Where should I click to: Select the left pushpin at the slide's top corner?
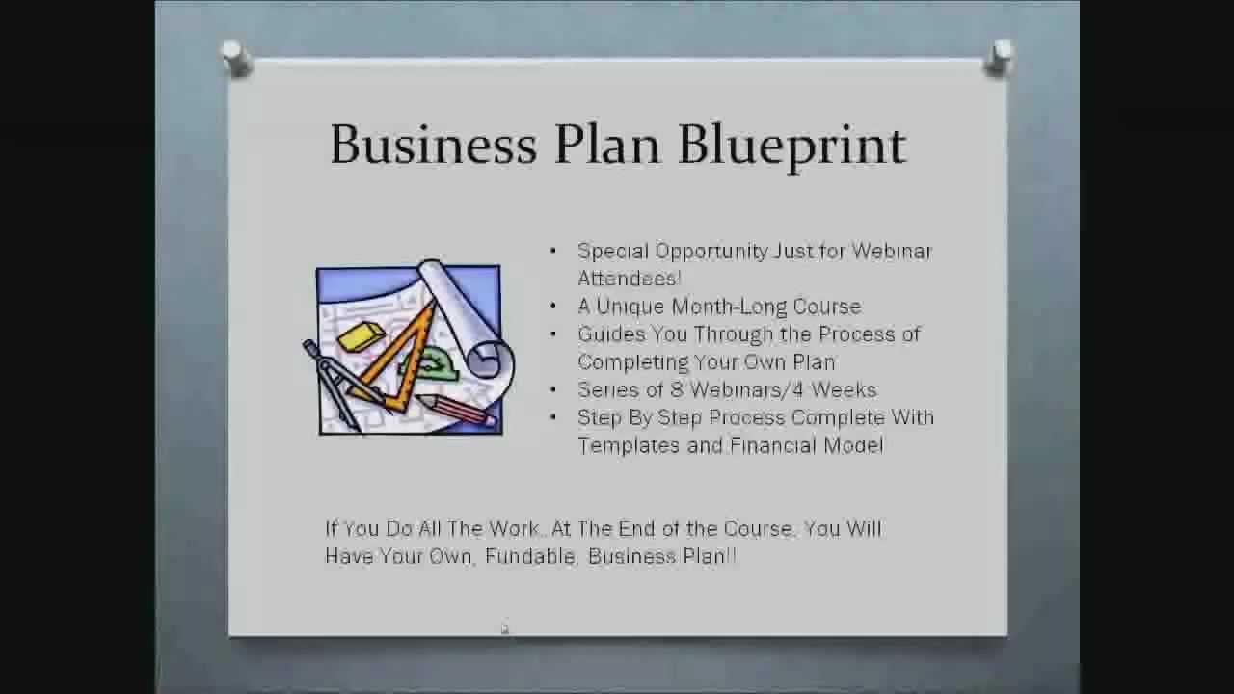tap(235, 57)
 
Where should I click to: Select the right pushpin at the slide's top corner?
tap(1000, 57)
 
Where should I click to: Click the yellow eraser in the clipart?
tap(361, 336)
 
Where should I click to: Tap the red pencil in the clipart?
tap(457, 409)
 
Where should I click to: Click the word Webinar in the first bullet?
tap(892, 252)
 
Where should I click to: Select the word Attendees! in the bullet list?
tap(630, 279)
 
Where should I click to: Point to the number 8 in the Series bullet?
tap(676, 390)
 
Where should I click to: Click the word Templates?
tap(629, 445)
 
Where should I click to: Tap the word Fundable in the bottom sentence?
tap(528, 557)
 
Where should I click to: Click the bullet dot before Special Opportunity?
tap(553, 252)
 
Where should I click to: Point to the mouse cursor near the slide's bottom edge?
tap(504, 628)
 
